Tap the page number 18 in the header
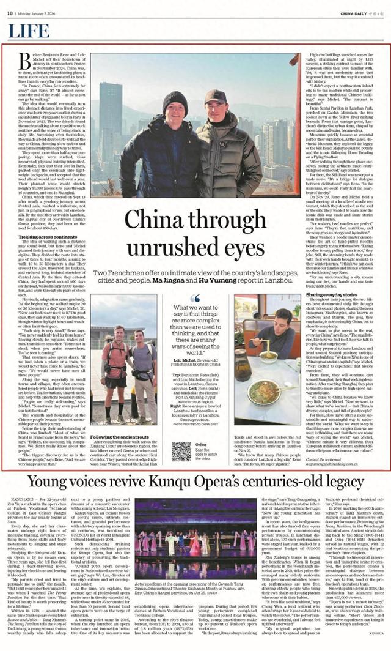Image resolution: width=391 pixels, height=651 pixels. pos(10,12)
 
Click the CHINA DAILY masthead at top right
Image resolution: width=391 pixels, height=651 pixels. pos(360,12)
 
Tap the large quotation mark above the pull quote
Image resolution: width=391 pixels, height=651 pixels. pos(195,298)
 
